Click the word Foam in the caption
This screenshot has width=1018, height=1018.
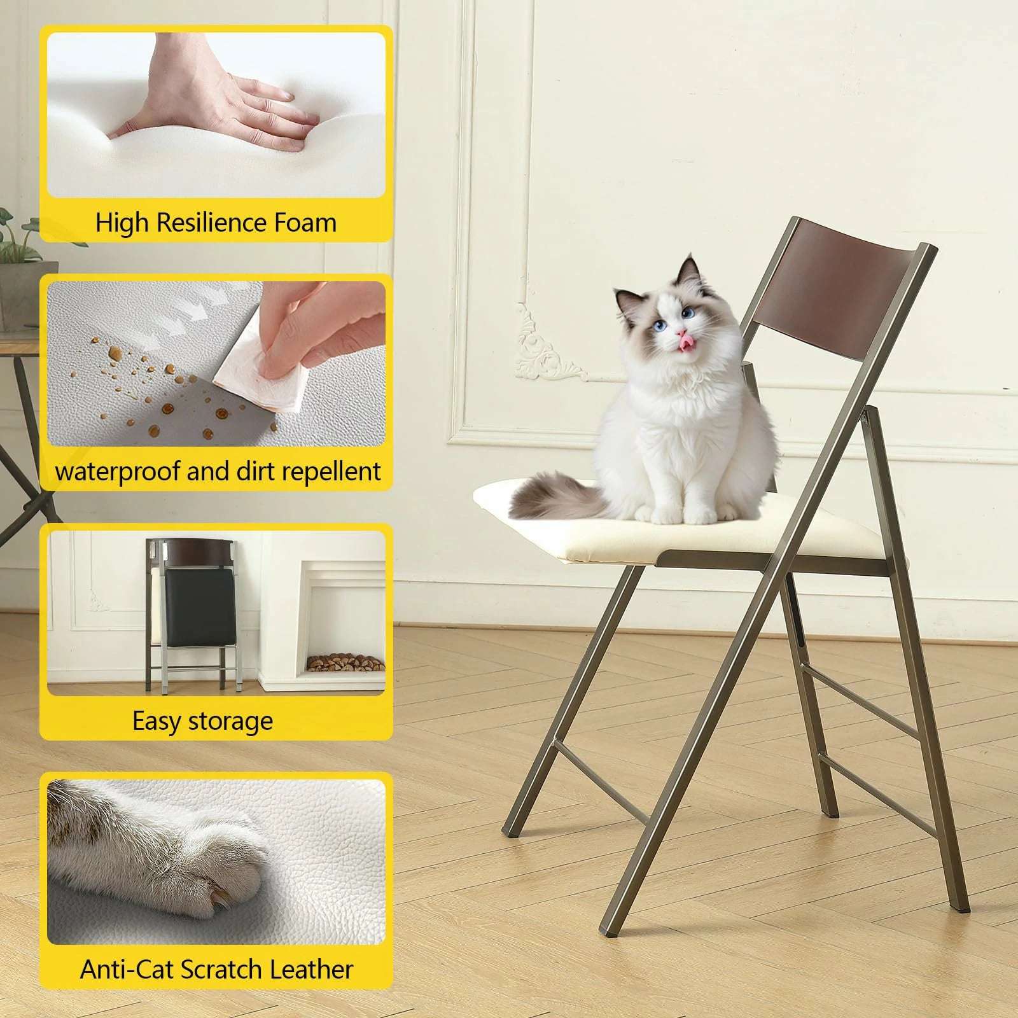pos(305,223)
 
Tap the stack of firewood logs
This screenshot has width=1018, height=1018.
pos(346,664)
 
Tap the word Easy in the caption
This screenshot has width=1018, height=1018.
pos(157,722)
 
